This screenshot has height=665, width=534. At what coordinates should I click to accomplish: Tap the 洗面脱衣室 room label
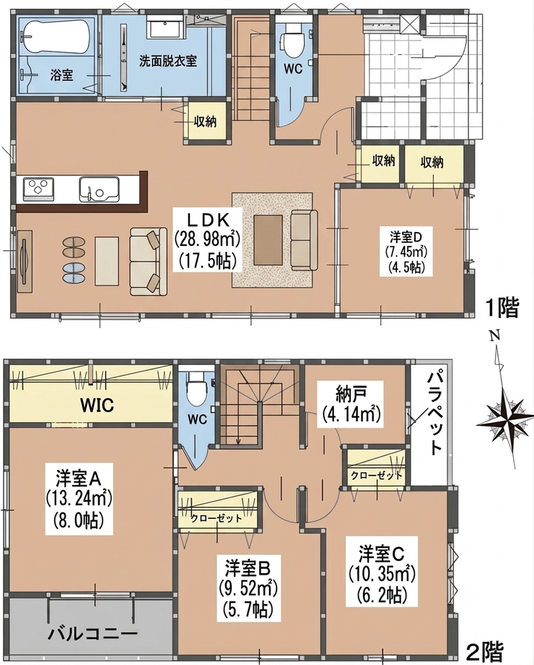point(168,61)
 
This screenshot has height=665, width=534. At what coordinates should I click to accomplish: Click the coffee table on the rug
point(268,240)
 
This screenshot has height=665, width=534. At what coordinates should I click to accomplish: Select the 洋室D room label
point(404,236)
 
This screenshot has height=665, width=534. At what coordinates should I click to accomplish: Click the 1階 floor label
point(502,309)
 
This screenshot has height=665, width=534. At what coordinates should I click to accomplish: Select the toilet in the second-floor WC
point(197,388)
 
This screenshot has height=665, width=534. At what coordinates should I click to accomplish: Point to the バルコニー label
point(92,634)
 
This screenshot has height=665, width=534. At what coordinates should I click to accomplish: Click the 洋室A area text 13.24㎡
point(79,499)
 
